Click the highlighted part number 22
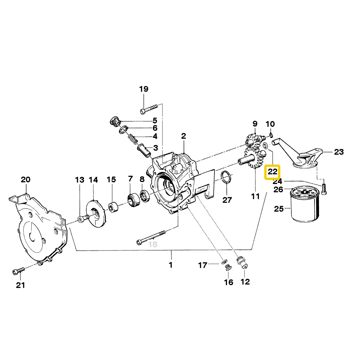pyautogui.click(x=273, y=172)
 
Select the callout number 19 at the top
pyautogui.click(x=144, y=89)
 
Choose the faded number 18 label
pyautogui.click(x=153, y=244)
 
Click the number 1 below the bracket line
pyautogui.click(x=171, y=265)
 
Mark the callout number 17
pyautogui.click(x=203, y=265)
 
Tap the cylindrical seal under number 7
pyautogui.click(x=133, y=200)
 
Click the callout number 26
pyautogui.click(x=278, y=190)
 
